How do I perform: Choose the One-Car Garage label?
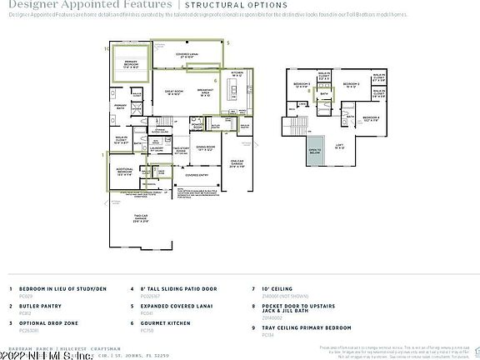(237, 164)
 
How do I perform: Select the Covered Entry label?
(197, 176)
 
